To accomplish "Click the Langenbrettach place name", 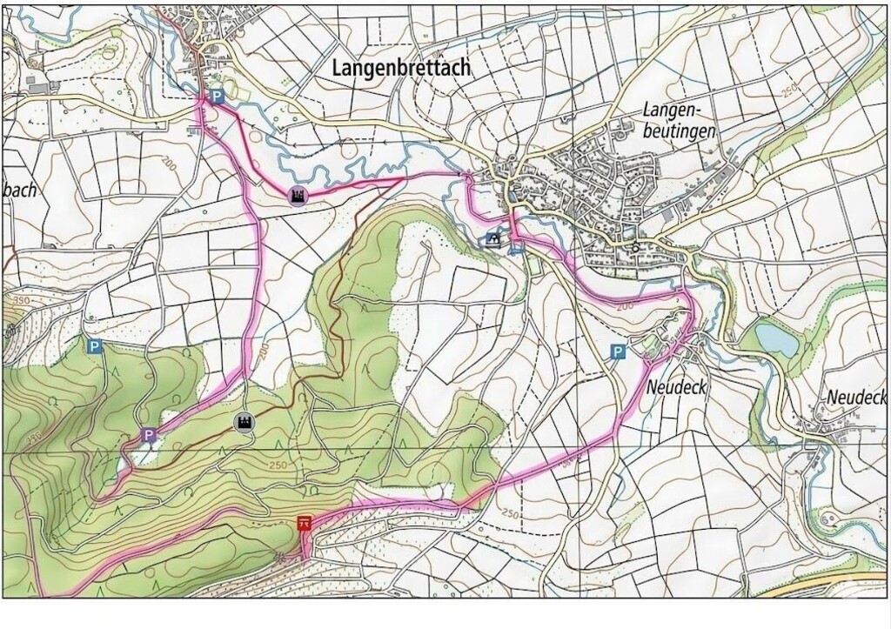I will pyautogui.click(x=401, y=68).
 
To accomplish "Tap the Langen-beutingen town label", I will pyautogui.click(x=680, y=121).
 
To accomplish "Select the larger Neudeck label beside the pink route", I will pyautogui.click(x=677, y=387).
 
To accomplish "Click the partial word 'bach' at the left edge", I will pyautogui.click(x=21, y=191).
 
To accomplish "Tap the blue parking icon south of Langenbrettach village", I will pyautogui.click(x=218, y=98).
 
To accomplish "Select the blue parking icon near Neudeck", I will pyautogui.click(x=617, y=351).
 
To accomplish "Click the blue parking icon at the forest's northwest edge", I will pyautogui.click(x=94, y=346).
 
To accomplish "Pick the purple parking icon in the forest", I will pyautogui.click(x=149, y=434).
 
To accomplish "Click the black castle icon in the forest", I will pyautogui.click(x=245, y=422).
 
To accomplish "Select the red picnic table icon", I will pyautogui.click(x=305, y=523).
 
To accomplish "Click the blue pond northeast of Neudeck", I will pyautogui.click(x=776, y=338).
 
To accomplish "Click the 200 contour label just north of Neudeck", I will pyautogui.click(x=623, y=307).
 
